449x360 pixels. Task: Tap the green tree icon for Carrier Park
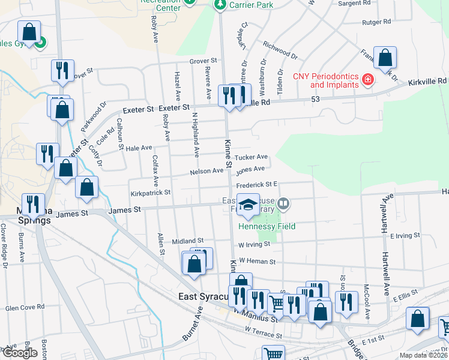coord(220,5)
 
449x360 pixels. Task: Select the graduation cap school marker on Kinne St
coord(248,205)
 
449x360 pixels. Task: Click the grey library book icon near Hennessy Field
coord(283,205)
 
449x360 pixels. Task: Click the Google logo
coord(19,353)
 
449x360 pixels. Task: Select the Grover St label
coord(203,61)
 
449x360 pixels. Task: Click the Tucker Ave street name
coord(251,157)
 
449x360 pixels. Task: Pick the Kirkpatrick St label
coord(151,193)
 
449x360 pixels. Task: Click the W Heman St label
coord(256,261)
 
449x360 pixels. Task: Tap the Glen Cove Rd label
coord(25,307)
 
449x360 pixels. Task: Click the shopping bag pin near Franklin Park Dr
coord(385,58)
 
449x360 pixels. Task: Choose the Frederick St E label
coord(255,185)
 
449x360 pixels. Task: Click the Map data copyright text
coord(424,355)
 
